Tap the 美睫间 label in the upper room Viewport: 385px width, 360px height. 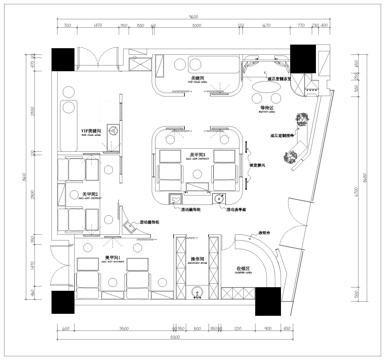pos(198,75)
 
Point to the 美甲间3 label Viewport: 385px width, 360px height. pos(198,155)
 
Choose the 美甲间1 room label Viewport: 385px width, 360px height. pos(114,257)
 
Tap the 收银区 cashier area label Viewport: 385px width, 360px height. pos(243,268)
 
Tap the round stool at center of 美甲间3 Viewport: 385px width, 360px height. pos(198,172)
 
